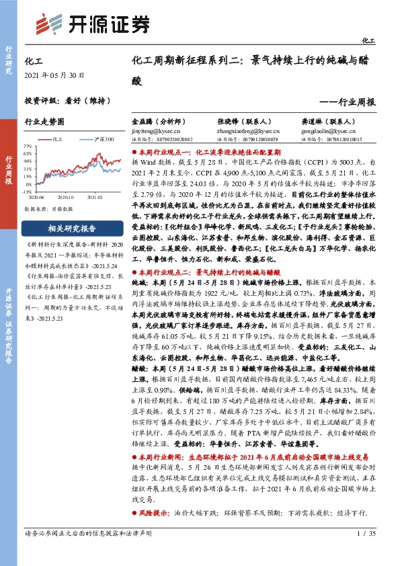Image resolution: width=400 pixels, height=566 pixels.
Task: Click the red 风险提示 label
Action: click(156, 513)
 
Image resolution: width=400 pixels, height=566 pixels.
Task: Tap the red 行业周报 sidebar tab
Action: click(9, 171)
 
